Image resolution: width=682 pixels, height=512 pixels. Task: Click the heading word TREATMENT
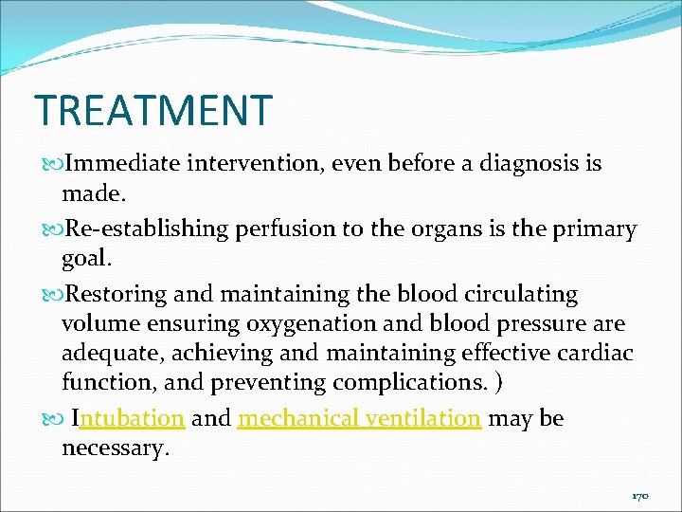coord(153,110)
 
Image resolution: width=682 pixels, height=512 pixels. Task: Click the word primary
coord(592,229)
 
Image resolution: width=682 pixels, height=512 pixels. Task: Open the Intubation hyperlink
coord(128,418)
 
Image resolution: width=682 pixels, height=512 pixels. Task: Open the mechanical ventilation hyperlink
coord(359,418)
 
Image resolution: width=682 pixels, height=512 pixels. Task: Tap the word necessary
coord(115,448)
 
